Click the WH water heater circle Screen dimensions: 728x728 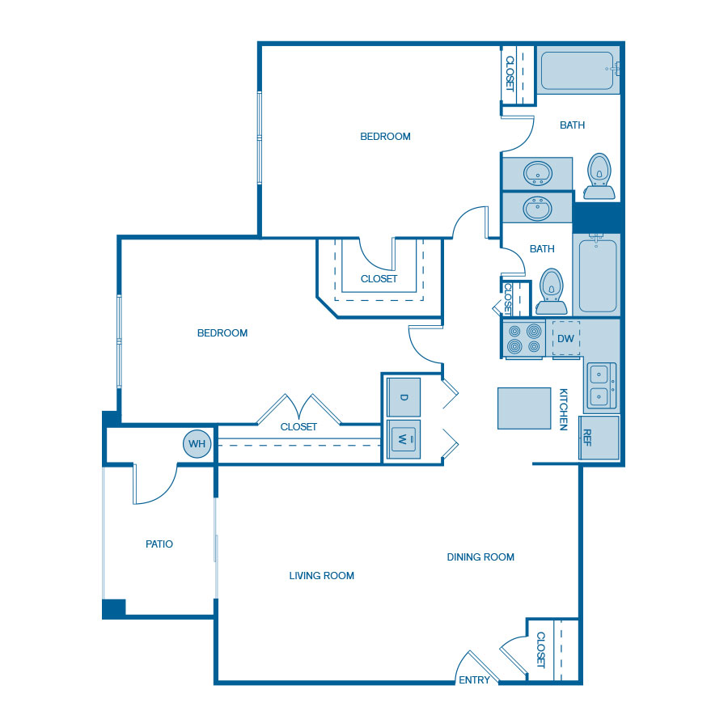click(x=197, y=444)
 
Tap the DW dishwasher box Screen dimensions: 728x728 click(x=565, y=338)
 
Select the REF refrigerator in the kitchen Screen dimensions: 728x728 click(x=599, y=438)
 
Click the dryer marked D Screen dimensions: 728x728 click(x=404, y=397)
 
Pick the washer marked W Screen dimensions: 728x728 click(x=404, y=439)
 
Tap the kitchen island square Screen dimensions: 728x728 click(x=524, y=408)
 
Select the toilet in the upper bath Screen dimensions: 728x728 click(x=599, y=176)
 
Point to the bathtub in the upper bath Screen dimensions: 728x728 click(x=578, y=70)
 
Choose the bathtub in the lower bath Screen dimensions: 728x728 click(x=598, y=275)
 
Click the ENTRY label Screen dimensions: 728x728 click(x=474, y=679)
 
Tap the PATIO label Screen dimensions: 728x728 click(x=159, y=544)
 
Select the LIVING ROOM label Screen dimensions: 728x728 click(x=322, y=576)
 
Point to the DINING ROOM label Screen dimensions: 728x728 click(x=480, y=557)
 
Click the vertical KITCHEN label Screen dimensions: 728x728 click(x=563, y=409)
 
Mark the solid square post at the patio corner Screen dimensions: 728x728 click(x=114, y=608)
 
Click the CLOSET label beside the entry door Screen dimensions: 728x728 click(x=540, y=650)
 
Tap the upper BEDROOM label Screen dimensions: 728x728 click(x=385, y=137)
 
